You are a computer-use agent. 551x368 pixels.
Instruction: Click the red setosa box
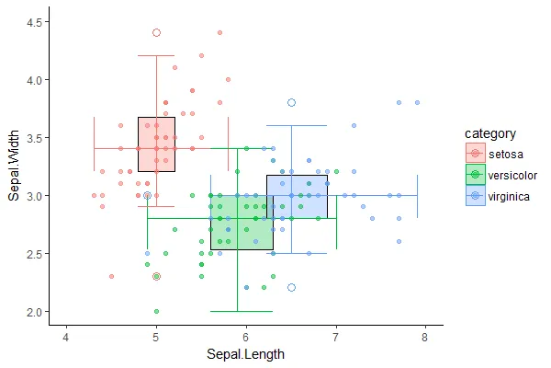coord(156,144)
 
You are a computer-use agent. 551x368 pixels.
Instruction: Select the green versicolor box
coord(242,222)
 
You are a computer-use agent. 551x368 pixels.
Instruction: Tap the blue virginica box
coord(297,196)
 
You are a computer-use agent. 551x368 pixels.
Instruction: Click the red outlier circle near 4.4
coord(156,32)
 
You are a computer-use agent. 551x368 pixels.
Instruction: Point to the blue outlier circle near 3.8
coord(291,102)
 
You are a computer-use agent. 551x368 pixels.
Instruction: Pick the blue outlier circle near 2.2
coord(291,288)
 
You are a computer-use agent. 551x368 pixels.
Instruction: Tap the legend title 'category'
coord(489,133)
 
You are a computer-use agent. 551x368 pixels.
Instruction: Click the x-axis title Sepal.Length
coord(245,354)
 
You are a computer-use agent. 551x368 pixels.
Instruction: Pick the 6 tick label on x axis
coord(245,338)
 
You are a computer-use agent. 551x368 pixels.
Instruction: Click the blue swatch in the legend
coord(475,196)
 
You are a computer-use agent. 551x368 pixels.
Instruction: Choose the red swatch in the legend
coord(475,153)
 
